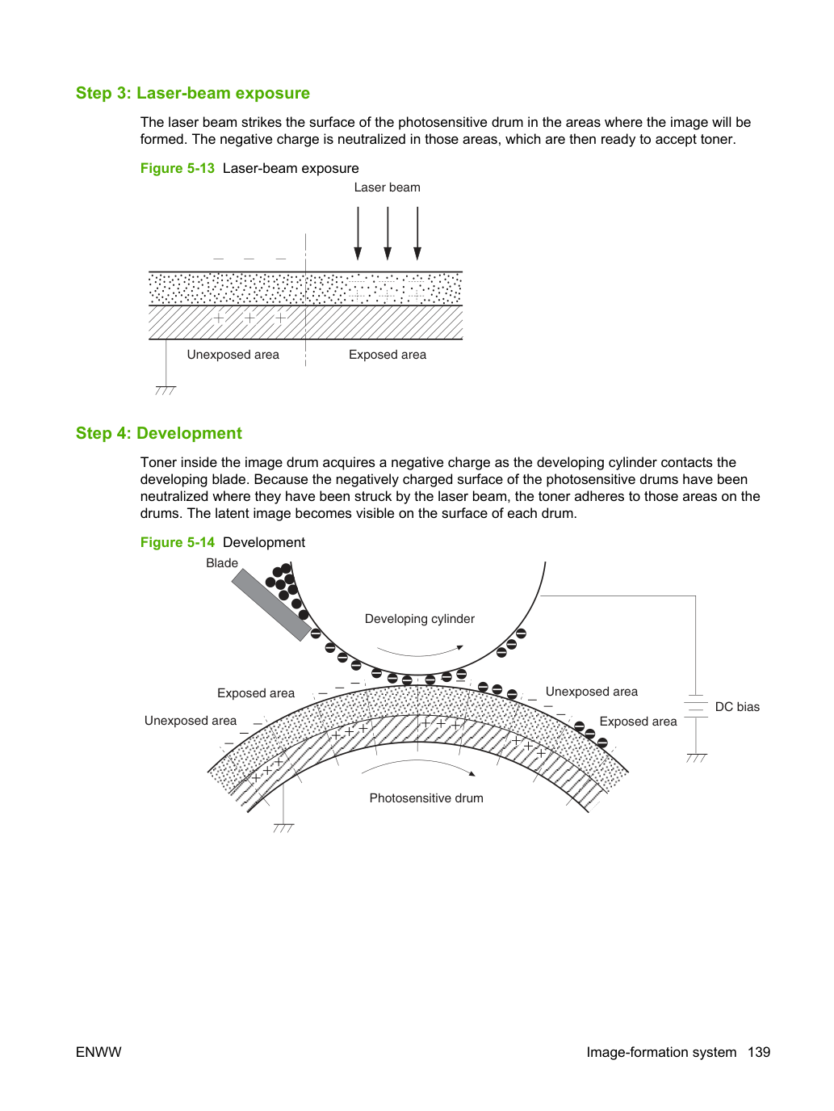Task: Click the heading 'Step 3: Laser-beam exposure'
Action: (x=193, y=93)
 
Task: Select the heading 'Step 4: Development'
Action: (x=159, y=433)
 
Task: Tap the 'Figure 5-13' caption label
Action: (x=178, y=168)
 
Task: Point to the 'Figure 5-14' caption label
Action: (x=178, y=542)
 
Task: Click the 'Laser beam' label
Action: (x=387, y=187)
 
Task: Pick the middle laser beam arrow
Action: (x=388, y=234)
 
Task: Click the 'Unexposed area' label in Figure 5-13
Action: (x=233, y=354)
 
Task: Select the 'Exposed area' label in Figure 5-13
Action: (x=388, y=354)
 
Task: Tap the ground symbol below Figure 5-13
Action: (x=166, y=390)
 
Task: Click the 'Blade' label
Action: (x=221, y=563)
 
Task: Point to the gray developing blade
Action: (x=271, y=605)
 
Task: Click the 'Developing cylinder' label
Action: (x=419, y=618)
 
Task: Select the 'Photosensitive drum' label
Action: (x=426, y=797)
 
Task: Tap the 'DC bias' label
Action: (x=737, y=706)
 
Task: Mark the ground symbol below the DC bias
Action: (x=697, y=758)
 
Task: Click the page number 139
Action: (x=759, y=1052)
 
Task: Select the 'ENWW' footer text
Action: (x=98, y=1052)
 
